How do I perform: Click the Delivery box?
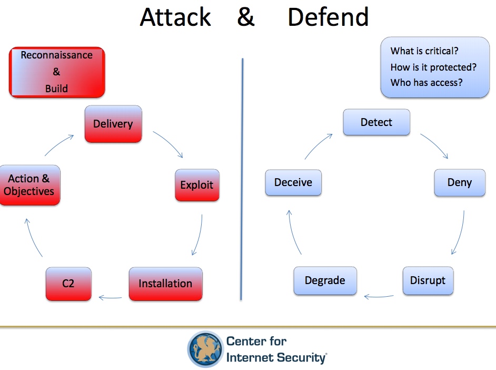[113, 124]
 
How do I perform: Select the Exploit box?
[196, 185]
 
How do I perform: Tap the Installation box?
[165, 284]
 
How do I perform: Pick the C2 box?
[68, 284]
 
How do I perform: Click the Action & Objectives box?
[29, 185]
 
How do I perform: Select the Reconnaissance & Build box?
[57, 72]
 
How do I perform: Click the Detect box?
[376, 122]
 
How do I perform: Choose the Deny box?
[459, 182]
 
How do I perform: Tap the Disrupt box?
[428, 280]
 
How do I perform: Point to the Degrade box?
[325, 280]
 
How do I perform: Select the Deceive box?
[293, 182]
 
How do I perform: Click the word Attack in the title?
[175, 17]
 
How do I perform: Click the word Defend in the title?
[328, 17]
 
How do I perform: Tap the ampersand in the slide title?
[246, 17]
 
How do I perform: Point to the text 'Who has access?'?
[426, 83]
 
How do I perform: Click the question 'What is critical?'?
[424, 51]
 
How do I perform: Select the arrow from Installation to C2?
[110, 297]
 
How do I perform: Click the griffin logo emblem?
[205, 349]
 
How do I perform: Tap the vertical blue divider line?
[242, 179]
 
